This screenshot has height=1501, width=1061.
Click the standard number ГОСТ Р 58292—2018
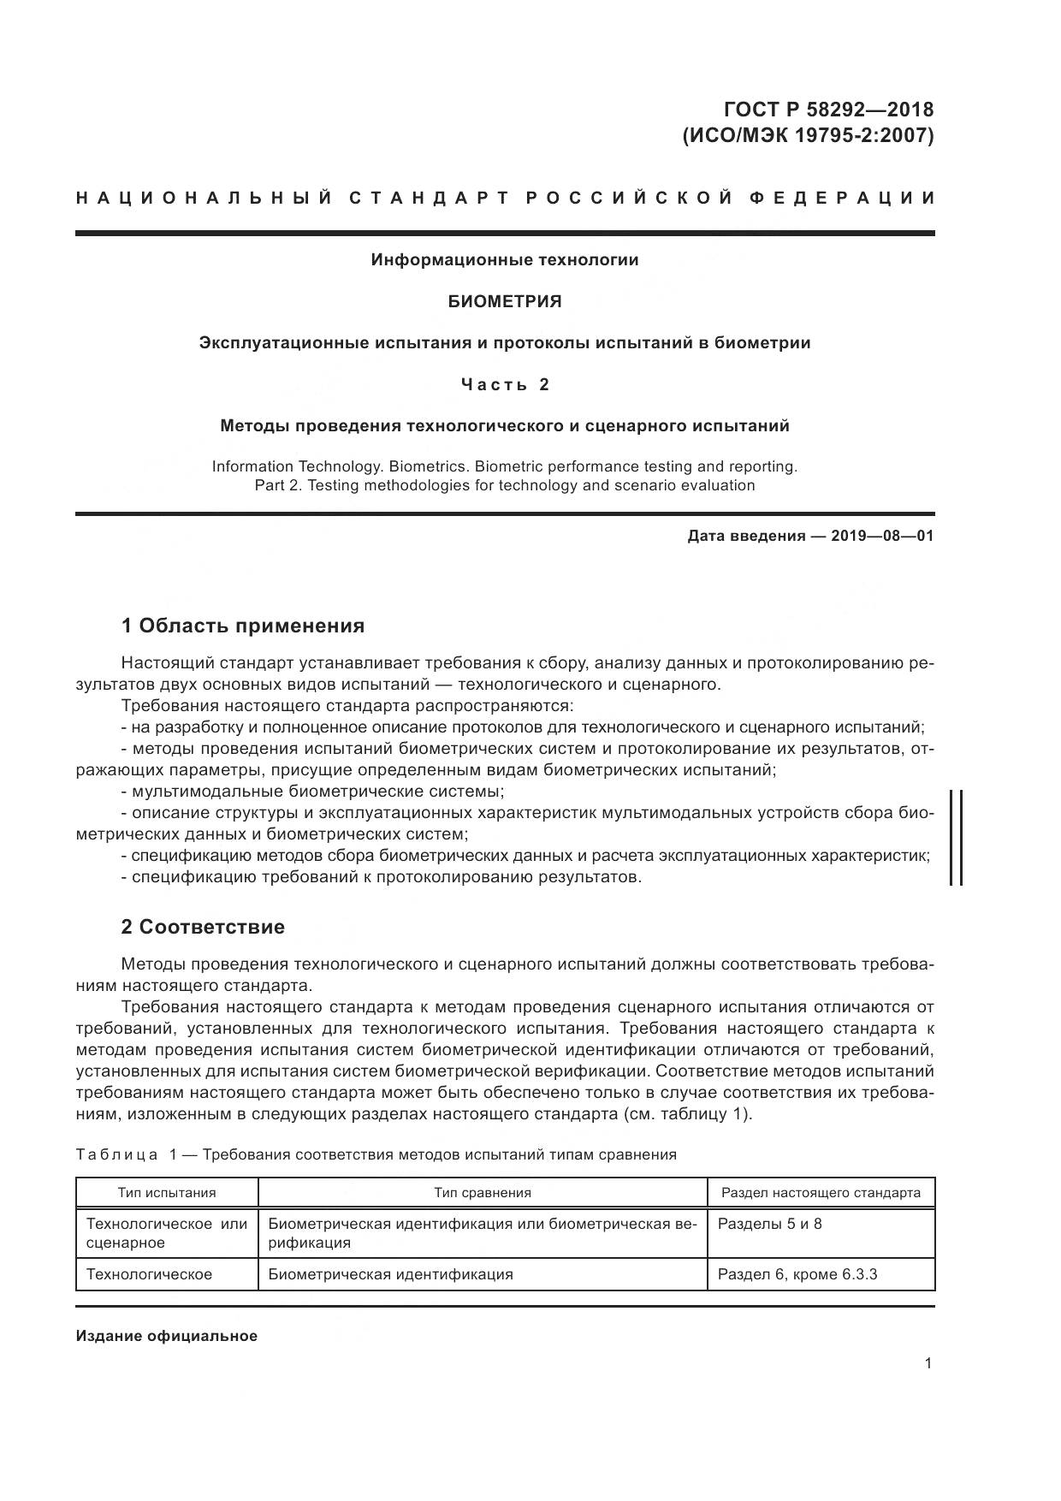[828, 110]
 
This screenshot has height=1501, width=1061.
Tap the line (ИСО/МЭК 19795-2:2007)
[807, 135]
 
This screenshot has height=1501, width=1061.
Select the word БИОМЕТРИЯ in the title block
[505, 301]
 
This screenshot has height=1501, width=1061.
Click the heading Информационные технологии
[505, 259]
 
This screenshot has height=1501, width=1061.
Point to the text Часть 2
[505, 384]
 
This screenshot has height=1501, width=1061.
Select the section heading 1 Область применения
[243, 626]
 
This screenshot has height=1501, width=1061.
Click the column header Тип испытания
[167, 1192]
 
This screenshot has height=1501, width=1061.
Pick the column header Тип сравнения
[483, 1192]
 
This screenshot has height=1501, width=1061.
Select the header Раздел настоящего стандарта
[821, 1192]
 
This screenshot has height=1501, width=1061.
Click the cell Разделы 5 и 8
[769, 1224]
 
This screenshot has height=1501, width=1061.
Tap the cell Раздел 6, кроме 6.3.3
[797, 1274]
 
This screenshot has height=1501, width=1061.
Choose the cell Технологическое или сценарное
[167, 1233]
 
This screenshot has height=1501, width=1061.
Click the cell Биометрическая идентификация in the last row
[390, 1274]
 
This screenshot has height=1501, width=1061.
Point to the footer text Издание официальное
[167, 1336]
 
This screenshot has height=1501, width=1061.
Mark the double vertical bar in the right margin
[956, 837]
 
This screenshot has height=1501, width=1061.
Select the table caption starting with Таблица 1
[376, 1154]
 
